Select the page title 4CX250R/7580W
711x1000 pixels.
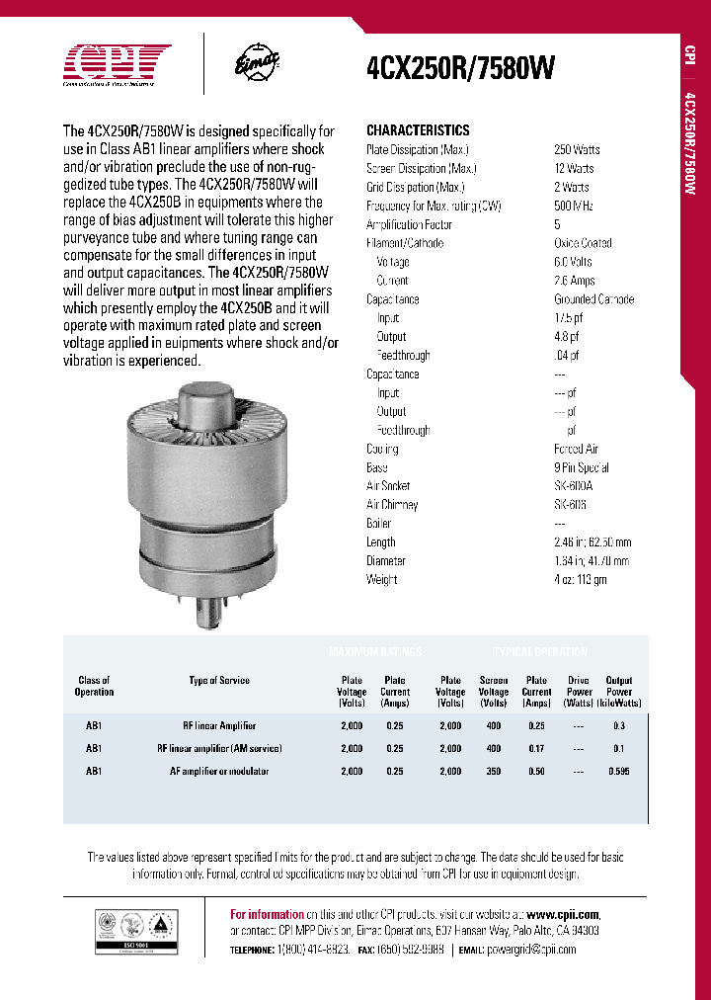point(460,68)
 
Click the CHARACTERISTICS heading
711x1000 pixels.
point(418,130)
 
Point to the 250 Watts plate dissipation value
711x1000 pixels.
point(577,150)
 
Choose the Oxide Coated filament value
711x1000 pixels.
point(583,243)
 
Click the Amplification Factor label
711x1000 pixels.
point(407,224)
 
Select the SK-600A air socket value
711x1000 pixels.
point(574,486)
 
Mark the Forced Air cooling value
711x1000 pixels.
point(576,449)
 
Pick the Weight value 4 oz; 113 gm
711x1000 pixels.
point(581,580)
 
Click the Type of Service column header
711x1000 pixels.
point(219,681)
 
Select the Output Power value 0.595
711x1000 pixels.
point(619,772)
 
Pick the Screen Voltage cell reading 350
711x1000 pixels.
point(493,772)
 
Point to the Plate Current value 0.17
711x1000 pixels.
point(536,749)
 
